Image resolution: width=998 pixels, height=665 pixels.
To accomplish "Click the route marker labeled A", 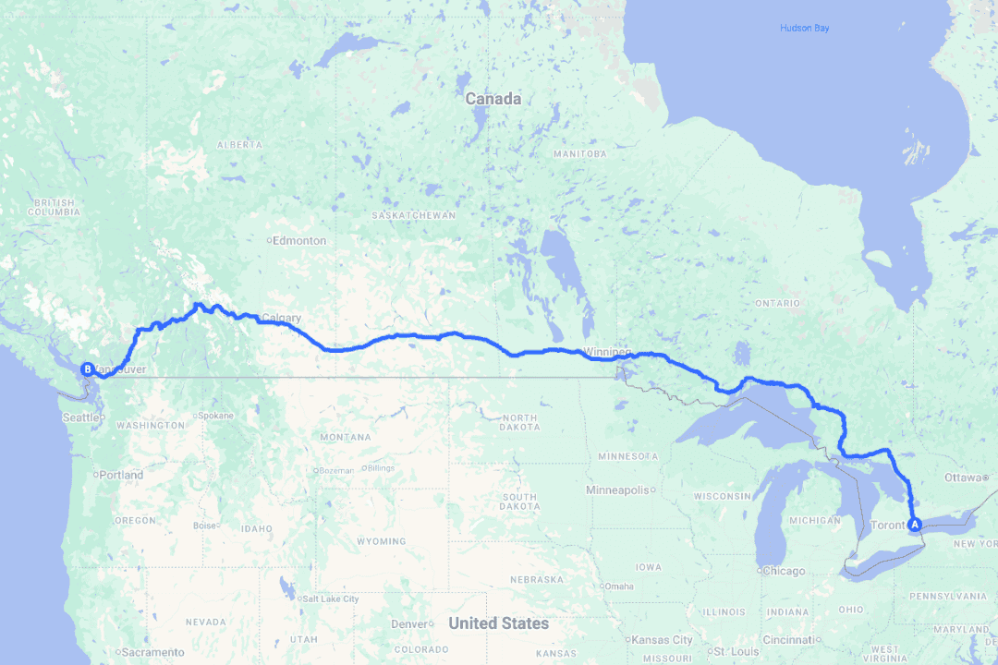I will [915, 525].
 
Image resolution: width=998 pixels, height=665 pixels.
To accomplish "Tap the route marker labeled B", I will [88, 369].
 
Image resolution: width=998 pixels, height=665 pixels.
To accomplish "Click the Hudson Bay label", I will [804, 29].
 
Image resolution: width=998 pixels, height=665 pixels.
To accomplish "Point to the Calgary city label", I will [281, 319].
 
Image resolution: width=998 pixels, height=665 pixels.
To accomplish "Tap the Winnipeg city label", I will [607, 352].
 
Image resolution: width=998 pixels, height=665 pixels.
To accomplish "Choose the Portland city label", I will [122, 475].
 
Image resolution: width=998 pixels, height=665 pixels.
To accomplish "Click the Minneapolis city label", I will [624, 490].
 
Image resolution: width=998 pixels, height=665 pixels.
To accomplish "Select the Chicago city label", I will [784, 571].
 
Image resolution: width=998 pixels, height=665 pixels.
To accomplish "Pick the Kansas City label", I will [663, 640].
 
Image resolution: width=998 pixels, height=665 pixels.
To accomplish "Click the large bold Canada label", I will [493, 99].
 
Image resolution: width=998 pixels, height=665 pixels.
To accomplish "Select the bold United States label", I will [498, 623].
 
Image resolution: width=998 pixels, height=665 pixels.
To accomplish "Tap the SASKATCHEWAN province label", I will [413, 215].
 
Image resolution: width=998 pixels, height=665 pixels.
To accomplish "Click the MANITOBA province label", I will [580, 153].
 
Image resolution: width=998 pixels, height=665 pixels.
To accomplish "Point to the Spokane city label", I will [215, 416].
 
